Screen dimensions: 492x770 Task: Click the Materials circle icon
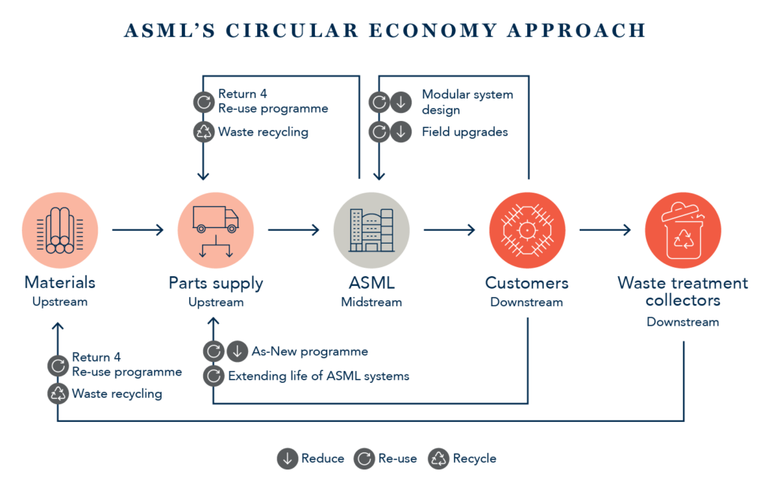tap(59, 230)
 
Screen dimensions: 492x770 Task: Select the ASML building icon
tap(371, 230)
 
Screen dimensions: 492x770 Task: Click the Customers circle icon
tap(527, 230)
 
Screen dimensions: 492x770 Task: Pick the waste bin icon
tap(683, 230)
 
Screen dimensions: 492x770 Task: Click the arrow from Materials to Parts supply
tap(137, 230)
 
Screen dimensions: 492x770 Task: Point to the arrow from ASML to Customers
tap(449, 230)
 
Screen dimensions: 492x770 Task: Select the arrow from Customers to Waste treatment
tap(605, 230)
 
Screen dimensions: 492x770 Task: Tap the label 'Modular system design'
tap(466, 102)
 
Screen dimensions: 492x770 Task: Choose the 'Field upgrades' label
tap(465, 132)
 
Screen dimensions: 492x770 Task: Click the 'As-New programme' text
tap(310, 351)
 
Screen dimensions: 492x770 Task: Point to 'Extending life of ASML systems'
tap(319, 375)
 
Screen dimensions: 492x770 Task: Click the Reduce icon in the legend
tap(287, 459)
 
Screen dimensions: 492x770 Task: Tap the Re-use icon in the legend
tap(364, 459)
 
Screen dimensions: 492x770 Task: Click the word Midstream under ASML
tap(371, 302)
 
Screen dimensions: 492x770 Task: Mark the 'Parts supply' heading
tap(216, 284)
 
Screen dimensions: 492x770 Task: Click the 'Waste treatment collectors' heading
tap(683, 292)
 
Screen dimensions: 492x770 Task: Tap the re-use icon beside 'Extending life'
tap(213, 375)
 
